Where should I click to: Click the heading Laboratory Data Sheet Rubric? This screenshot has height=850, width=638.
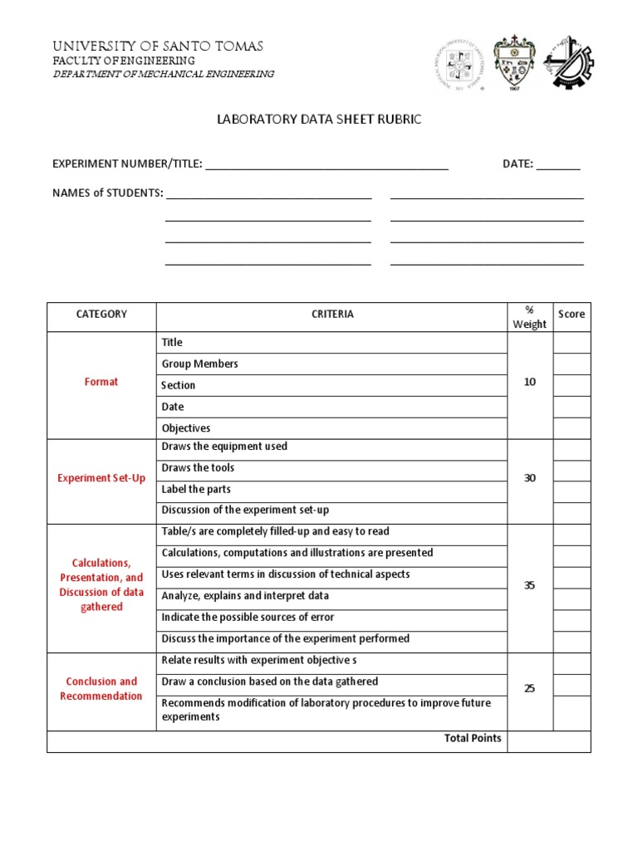319,120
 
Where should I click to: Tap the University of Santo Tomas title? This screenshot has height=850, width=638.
158,46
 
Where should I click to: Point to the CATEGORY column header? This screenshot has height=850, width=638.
101,315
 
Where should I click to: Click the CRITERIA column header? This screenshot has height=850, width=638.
332,315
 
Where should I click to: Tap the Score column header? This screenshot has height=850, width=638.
572,315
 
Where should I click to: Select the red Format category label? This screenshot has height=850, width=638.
101,382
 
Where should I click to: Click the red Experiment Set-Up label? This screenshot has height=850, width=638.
101,478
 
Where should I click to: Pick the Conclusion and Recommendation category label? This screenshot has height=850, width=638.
101,689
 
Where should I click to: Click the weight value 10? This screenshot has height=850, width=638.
530,382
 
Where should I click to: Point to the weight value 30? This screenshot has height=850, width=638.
530,478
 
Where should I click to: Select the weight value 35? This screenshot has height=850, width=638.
530,585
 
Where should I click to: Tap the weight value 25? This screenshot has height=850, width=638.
530,689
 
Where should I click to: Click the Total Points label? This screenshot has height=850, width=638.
473,738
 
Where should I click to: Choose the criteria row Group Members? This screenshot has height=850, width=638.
200,364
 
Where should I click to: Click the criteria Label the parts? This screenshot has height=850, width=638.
197,489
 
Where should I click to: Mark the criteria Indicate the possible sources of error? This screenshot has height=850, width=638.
248,618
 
